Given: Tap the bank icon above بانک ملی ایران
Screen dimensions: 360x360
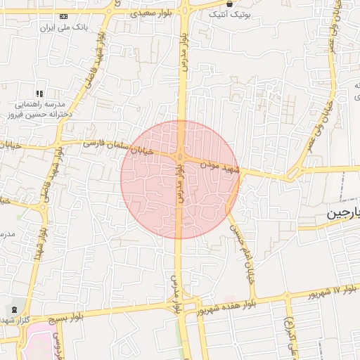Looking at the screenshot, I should [65, 15].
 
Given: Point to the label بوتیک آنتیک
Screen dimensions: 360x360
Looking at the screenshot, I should [236, 13].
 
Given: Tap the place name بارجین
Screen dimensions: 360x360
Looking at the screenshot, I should [344, 213].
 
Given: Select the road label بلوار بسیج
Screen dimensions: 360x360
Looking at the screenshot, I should [80, 317].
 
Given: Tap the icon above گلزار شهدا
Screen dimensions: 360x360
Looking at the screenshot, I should [15, 309].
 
